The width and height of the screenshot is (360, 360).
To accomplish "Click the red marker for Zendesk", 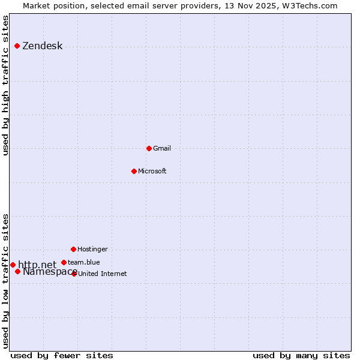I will click(17, 46).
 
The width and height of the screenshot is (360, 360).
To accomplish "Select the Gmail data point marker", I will click(149, 148).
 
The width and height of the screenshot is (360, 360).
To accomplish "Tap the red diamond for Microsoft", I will click(134, 171).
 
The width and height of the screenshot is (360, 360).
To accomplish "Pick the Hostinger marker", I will click(73, 249).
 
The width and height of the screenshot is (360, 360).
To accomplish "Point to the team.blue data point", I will click(64, 262).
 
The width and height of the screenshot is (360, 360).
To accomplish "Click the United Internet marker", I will click(74, 274).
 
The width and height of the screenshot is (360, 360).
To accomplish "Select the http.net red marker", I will click(13, 265).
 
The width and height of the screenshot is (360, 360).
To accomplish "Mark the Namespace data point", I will click(18, 272).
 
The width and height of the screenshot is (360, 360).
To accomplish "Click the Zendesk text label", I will click(43, 46).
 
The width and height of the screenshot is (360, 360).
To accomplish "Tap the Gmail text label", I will click(162, 149).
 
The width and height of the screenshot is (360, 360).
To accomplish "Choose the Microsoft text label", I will click(152, 172).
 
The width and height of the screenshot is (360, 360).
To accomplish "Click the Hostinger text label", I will click(93, 250).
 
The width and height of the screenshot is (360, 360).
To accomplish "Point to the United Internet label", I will click(103, 274).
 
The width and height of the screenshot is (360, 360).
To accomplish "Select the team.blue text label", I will click(84, 263).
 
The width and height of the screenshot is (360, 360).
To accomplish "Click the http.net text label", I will click(37, 265).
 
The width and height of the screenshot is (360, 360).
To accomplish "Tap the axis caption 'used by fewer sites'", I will click(62, 355).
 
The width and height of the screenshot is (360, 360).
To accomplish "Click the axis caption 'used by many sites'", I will click(301, 355).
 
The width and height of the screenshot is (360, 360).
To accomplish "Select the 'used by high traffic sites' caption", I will click(6, 85).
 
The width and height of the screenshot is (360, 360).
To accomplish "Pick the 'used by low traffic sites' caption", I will click(6, 281).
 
